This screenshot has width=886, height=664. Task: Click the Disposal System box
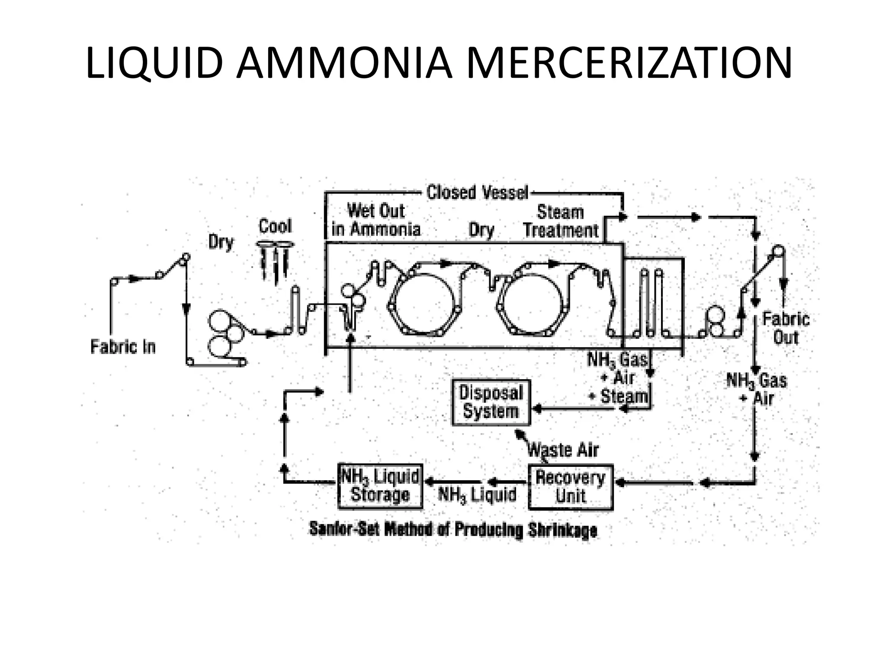pyautogui.click(x=491, y=402)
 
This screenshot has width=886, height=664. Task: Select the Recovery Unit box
pyautogui.click(x=571, y=487)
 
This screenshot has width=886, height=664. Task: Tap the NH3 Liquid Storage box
pyautogui.click(x=380, y=486)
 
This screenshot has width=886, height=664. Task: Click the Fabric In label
pyautogui.click(x=123, y=347)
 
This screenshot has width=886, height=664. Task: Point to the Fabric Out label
pyautogui.click(x=786, y=328)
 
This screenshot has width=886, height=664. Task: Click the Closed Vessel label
pyautogui.click(x=477, y=193)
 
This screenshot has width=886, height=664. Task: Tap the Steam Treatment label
pyautogui.click(x=561, y=221)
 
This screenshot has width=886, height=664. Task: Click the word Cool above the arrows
pyautogui.click(x=275, y=226)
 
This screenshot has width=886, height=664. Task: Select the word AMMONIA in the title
pyautogui.click(x=344, y=64)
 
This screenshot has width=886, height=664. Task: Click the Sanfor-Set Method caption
pyautogui.click(x=453, y=530)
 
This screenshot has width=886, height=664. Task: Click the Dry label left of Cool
pyautogui.click(x=221, y=242)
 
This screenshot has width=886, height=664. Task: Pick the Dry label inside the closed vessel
pyautogui.click(x=481, y=230)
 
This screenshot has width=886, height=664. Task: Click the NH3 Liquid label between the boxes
pyautogui.click(x=477, y=495)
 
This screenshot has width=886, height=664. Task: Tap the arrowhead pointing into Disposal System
pyautogui.click(x=536, y=408)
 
